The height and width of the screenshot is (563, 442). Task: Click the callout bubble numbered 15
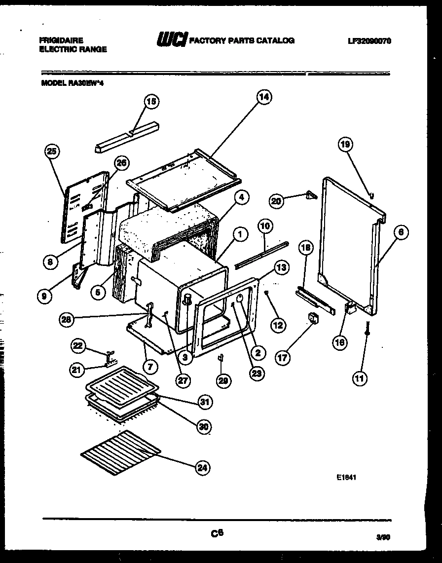click(x=151, y=102)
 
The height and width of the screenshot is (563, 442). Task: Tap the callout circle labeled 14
click(x=264, y=97)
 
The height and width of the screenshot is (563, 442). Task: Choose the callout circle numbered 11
click(x=359, y=378)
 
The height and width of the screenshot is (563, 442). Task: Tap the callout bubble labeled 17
click(x=283, y=358)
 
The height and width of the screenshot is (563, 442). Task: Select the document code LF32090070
click(x=369, y=41)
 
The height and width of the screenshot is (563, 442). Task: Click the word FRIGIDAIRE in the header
click(x=62, y=40)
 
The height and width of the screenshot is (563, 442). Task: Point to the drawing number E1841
click(x=347, y=478)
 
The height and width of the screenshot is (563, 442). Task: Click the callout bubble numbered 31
click(x=205, y=402)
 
